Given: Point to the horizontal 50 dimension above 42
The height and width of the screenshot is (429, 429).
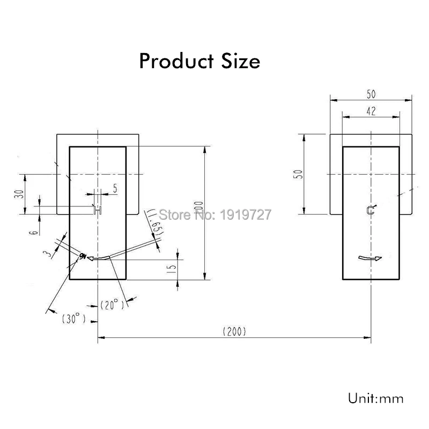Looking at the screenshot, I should coord(371,93).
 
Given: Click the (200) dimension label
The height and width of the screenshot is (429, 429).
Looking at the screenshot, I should coord(234,331).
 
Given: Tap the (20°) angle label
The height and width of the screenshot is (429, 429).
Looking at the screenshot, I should coord(112,305).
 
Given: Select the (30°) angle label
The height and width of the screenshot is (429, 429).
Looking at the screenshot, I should coord(73,319).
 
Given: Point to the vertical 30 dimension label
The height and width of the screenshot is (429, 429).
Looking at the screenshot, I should coord(19,194).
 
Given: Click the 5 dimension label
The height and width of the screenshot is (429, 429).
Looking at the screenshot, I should coord(115,188).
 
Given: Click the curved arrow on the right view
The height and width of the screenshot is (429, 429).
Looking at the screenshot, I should coord(370,260).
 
